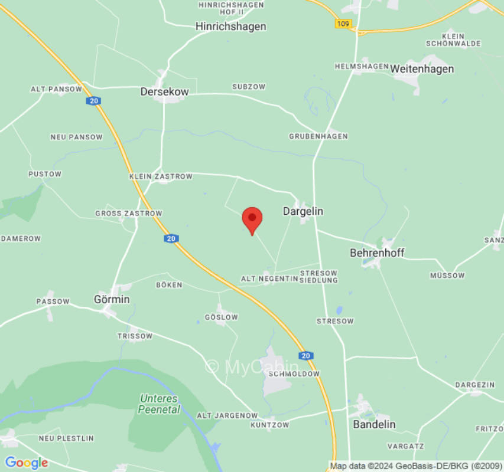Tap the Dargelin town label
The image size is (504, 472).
click(303, 211)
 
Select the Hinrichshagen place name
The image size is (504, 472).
click(231, 27)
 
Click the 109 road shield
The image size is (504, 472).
click(343, 24)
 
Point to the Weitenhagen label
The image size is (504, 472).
click(422, 69)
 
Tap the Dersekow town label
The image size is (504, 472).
click(164, 92)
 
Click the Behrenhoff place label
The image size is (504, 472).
click(377, 253)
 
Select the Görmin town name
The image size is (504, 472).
click(112, 299)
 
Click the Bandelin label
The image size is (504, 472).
click(374, 424)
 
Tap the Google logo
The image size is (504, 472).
click(26, 463)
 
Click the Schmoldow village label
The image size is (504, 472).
click(294, 374)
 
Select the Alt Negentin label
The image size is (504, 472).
click(269, 278)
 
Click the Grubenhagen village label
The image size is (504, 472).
click(318, 136)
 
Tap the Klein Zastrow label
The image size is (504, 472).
click(161, 176)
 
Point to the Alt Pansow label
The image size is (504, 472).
click(56, 89)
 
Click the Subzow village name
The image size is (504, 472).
click(249, 87)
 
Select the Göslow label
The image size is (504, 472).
click(221, 317)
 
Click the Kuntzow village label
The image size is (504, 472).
click(269, 425)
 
